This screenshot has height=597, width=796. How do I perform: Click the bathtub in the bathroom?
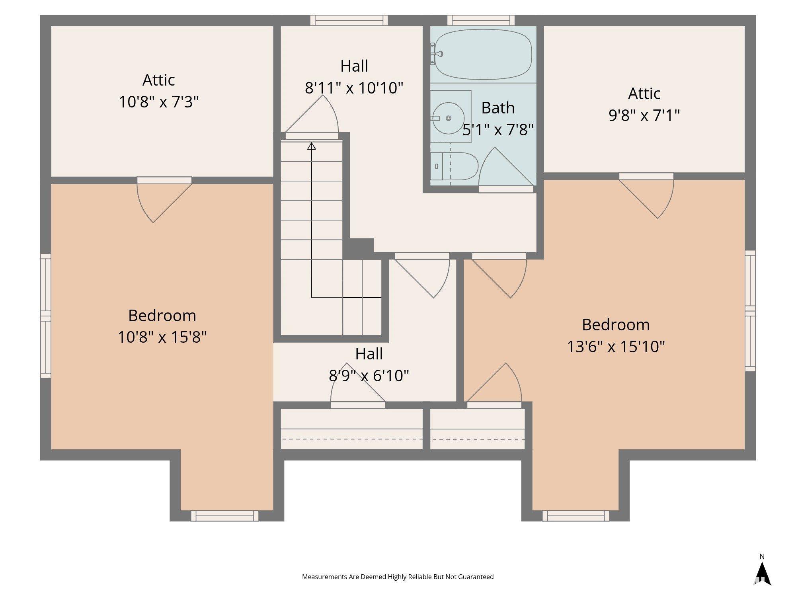pos(483,55)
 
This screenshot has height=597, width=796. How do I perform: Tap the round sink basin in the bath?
pos(448,118)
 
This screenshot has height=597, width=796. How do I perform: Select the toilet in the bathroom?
pos(454,166)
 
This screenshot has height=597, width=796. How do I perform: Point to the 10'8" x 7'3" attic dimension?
pos(159,102)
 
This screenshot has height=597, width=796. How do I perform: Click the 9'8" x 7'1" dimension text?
pos(644,115)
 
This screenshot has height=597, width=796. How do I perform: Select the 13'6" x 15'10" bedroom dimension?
pos(616,346)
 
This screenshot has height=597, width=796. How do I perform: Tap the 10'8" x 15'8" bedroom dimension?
pos(162,337)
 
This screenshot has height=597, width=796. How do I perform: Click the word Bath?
pos(498,108)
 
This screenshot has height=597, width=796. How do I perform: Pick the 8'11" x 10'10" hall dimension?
pos(354,88)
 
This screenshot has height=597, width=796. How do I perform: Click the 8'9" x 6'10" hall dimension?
pos(369,375)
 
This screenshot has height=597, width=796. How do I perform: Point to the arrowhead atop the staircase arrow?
pos(312,146)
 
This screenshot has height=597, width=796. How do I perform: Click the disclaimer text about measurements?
pos(398,577)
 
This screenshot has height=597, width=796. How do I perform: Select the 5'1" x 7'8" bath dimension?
pos(498,130)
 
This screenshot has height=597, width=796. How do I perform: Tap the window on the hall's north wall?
pos(349,20)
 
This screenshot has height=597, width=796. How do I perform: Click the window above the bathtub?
pos(481,20)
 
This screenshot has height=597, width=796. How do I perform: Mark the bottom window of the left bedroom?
pos(224,516)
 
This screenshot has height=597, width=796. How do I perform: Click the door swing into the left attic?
pos(164,200)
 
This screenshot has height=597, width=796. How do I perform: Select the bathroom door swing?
pos(506,169)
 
